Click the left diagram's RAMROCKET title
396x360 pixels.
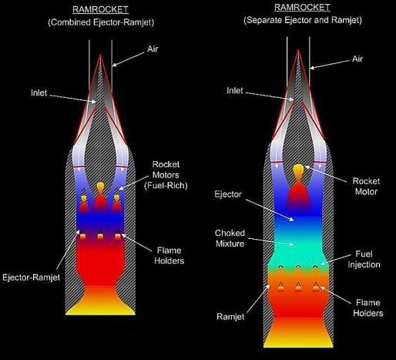coord(100,9)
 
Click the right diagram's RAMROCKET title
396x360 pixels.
coord(302,7)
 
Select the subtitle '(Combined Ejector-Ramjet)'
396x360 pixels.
coord(101,22)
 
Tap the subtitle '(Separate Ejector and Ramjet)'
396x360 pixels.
coord(303,20)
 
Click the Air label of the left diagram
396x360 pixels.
coord(153,49)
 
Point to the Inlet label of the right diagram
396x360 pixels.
coord(235,90)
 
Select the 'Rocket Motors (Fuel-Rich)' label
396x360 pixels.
coord(166,175)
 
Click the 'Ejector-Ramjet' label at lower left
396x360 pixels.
coord(31,278)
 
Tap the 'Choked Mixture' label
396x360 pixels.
coord(230,238)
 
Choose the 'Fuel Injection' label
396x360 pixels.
coord(364,259)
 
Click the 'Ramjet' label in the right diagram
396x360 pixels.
coord(230,317)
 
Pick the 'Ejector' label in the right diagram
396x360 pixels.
coord(228,194)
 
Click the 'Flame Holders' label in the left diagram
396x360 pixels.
coord(169,256)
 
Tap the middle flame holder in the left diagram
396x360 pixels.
coord(100,237)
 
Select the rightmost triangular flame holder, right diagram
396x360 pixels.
coord(316,287)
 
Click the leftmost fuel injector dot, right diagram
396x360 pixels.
coord(281,267)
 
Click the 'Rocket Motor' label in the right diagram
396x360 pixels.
coord(366,187)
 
